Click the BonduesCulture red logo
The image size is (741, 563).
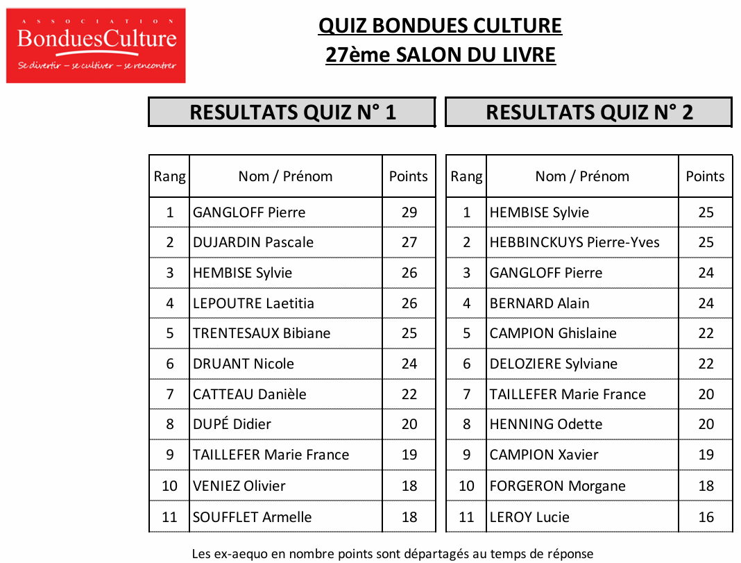(x=96, y=45)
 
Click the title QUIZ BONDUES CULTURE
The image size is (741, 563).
(x=440, y=26)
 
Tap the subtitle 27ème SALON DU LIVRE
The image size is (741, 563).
(x=440, y=55)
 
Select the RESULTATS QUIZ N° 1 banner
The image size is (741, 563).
(x=292, y=112)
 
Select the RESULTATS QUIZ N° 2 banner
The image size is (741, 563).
(x=588, y=112)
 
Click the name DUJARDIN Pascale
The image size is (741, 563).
(x=253, y=242)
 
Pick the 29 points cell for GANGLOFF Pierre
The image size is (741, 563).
(x=409, y=212)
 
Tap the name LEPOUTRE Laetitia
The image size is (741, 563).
(x=253, y=303)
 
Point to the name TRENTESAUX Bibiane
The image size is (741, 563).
(x=262, y=333)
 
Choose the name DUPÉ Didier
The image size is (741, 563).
(x=232, y=424)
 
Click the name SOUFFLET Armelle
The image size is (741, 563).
(x=253, y=517)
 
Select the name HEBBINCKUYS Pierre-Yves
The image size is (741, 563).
(x=574, y=242)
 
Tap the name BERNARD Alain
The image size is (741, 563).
(x=539, y=303)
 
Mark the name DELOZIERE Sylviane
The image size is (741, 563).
(x=553, y=364)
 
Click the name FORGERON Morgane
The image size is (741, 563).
(x=557, y=486)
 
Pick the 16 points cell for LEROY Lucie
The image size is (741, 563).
(x=706, y=517)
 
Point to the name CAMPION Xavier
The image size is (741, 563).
(x=543, y=455)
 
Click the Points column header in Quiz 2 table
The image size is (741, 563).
(x=705, y=176)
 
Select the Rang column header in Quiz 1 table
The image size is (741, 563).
(x=169, y=176)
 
